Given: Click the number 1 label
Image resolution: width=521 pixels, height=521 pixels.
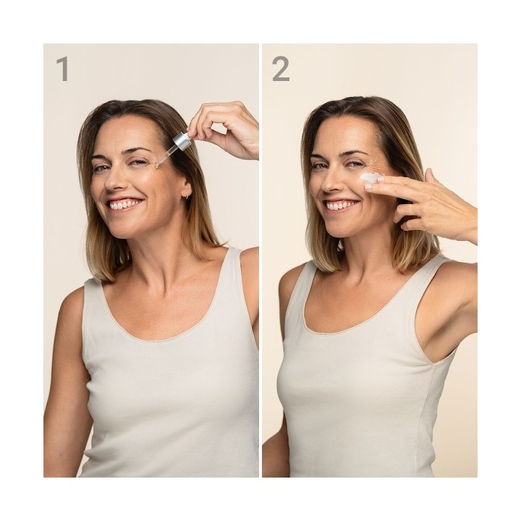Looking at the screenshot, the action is pyautogui.click(x=62, y=69).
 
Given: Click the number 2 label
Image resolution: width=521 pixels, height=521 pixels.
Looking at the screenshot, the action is pyautogui.click(x=281, y=69).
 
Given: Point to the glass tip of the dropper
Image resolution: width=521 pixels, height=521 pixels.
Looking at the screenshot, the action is pyautogui.click(x=158, y=163).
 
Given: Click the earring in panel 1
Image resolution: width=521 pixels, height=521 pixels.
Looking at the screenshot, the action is pyautogui.click(x=187, y=195).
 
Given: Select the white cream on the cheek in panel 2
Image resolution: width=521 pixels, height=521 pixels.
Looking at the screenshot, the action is pyautogui.click(x=370, y=177).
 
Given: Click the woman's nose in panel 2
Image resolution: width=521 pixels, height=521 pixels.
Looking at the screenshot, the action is pyautogui.click(x=329, y=182).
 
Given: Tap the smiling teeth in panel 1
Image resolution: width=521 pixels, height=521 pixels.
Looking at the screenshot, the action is pyautogui.click(x=123, y=205).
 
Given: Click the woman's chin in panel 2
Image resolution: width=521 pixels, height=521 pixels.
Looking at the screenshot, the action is pyautogui.click(x=342, y=230).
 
